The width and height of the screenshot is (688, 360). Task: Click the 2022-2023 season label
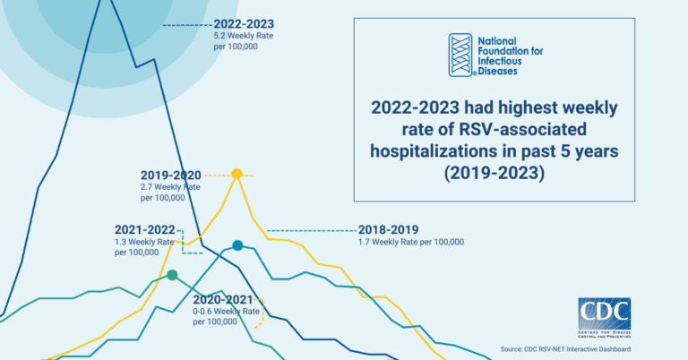click(244, 23)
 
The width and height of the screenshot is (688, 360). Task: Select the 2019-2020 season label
click(170, 175)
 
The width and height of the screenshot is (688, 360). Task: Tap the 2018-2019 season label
click(388, 228)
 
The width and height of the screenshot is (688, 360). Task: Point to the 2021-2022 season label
click(144, 228)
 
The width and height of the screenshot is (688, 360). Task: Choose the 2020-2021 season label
click(226, 298)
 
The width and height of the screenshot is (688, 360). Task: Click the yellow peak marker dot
click(236, 174)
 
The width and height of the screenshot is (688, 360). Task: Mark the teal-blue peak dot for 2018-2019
click(237, 245)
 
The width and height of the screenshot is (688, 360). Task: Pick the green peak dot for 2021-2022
click(172, 275)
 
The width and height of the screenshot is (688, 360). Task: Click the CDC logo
click(604, 320)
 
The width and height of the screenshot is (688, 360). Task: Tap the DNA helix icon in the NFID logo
click(460, 55)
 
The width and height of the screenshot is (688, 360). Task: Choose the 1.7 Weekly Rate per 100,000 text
click(410, 242)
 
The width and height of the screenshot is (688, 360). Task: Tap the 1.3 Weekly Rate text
click(143, 246)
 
